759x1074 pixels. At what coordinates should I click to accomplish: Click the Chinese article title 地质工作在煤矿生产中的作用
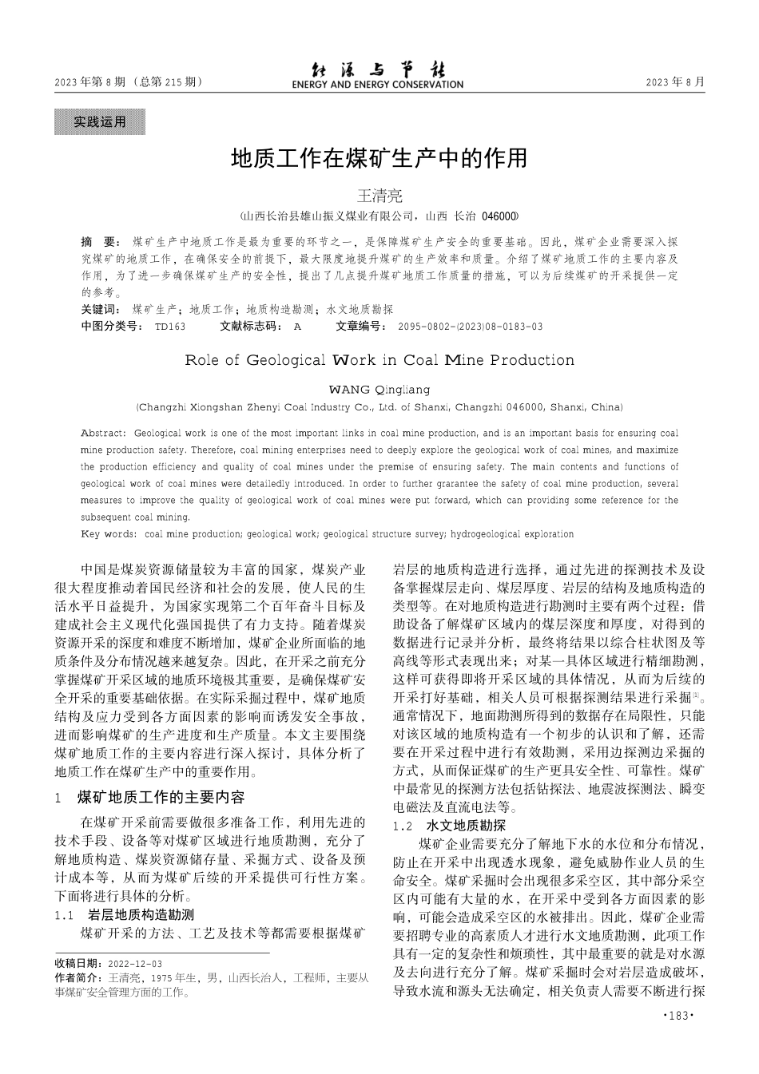coord(379,158)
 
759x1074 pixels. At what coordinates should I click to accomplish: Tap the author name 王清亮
coord(379,196)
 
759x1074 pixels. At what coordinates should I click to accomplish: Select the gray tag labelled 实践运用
coord(100,122)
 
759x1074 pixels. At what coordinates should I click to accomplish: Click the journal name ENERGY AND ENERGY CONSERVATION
coord(377,85)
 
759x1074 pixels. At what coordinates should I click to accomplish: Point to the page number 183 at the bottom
coord(679,1016)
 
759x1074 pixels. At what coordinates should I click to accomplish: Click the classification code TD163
coord(169,327)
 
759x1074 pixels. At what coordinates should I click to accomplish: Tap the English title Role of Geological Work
coord(379,360)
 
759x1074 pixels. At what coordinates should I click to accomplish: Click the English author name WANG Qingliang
coord(379,390)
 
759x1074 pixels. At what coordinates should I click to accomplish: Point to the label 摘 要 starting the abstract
coord(100,241)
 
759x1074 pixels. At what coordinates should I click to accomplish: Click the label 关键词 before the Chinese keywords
coord(101,310)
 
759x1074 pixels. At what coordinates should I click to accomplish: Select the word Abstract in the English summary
coord(102,433)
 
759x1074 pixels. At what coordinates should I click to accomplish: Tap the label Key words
coord(109,534)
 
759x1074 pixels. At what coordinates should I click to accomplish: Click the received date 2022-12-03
coord(134,964)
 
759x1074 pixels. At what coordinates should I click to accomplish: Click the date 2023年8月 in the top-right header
coord(675,81)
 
